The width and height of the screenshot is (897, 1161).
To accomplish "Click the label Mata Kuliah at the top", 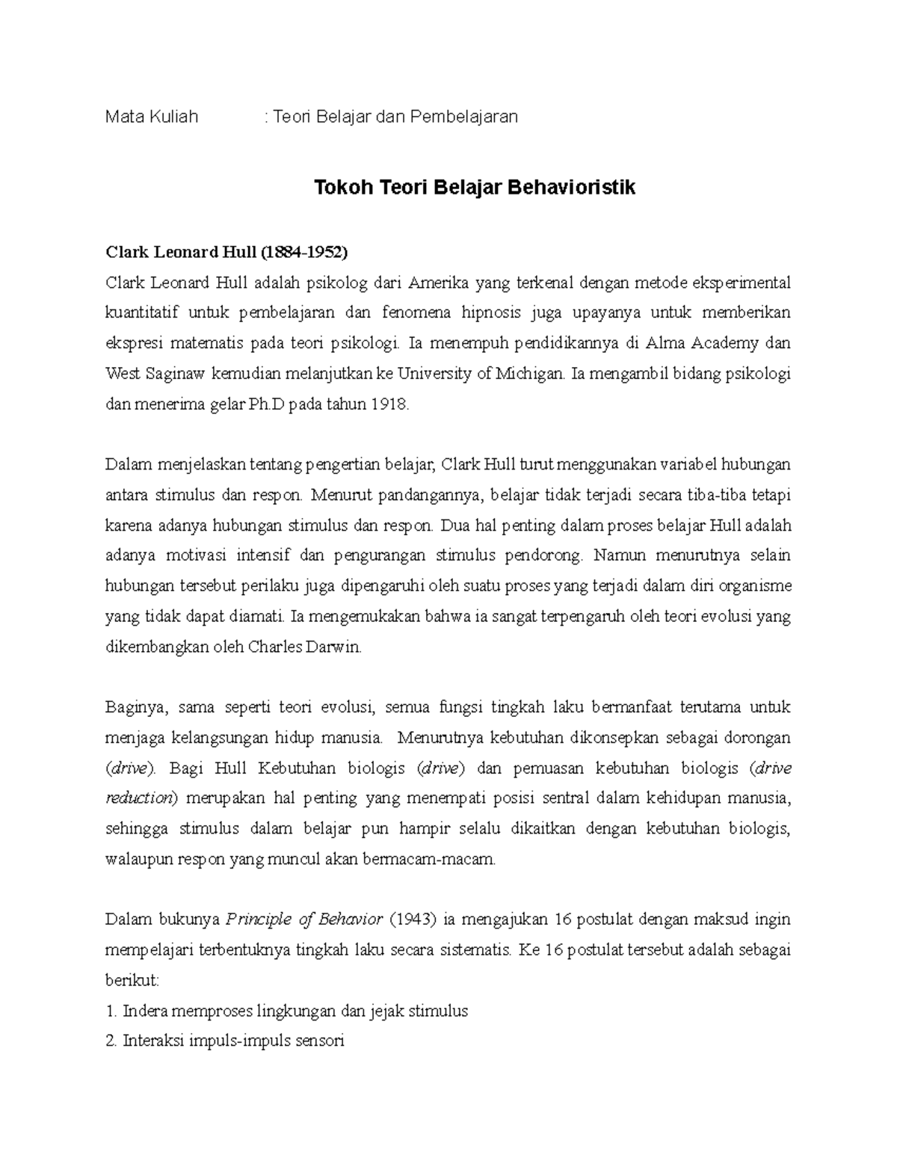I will [x=152, y=117].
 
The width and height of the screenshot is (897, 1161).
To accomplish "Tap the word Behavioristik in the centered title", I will [x=572, y=187].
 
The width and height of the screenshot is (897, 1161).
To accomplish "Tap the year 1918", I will [x=390, y=404].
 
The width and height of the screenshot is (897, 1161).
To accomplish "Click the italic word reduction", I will [x=138, y=798].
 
